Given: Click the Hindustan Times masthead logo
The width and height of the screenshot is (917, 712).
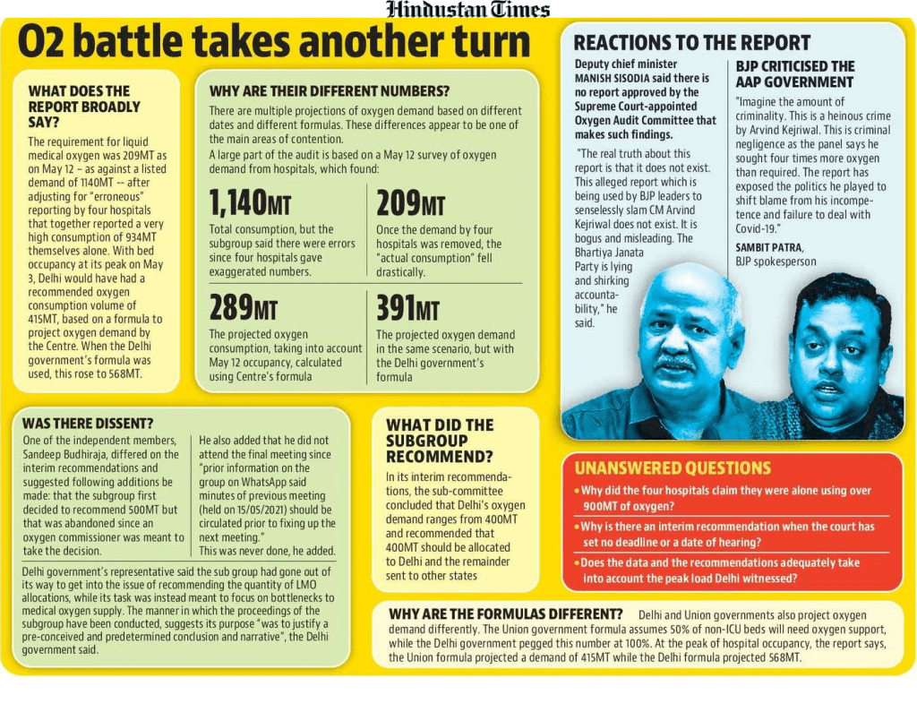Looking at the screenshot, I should [467, 10].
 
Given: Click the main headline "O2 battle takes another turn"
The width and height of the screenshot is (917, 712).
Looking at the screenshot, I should [275, 42].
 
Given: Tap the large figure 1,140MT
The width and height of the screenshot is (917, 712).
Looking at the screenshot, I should [249, 203].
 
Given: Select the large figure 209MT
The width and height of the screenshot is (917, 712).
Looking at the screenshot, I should [410, 203].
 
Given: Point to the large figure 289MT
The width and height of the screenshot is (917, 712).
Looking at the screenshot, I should [244, 308].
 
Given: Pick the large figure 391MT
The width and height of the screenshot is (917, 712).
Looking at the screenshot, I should [407, 308].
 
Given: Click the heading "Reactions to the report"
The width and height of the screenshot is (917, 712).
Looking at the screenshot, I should [691, 43].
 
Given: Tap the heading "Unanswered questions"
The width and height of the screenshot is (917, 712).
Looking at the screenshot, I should [672, 468].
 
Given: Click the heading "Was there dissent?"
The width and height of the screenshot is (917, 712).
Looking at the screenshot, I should [88, 423].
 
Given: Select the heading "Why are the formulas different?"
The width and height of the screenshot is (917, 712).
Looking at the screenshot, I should [506, 614].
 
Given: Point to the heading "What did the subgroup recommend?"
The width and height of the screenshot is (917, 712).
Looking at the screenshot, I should [440, 441].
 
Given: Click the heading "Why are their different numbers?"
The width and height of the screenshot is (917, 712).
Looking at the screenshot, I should [329, 91].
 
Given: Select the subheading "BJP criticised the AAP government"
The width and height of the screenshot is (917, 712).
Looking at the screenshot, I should [794, 74].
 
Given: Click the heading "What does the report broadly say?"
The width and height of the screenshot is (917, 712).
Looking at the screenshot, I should [84, 106].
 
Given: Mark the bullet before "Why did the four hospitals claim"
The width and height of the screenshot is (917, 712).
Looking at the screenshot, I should [577, 492].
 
